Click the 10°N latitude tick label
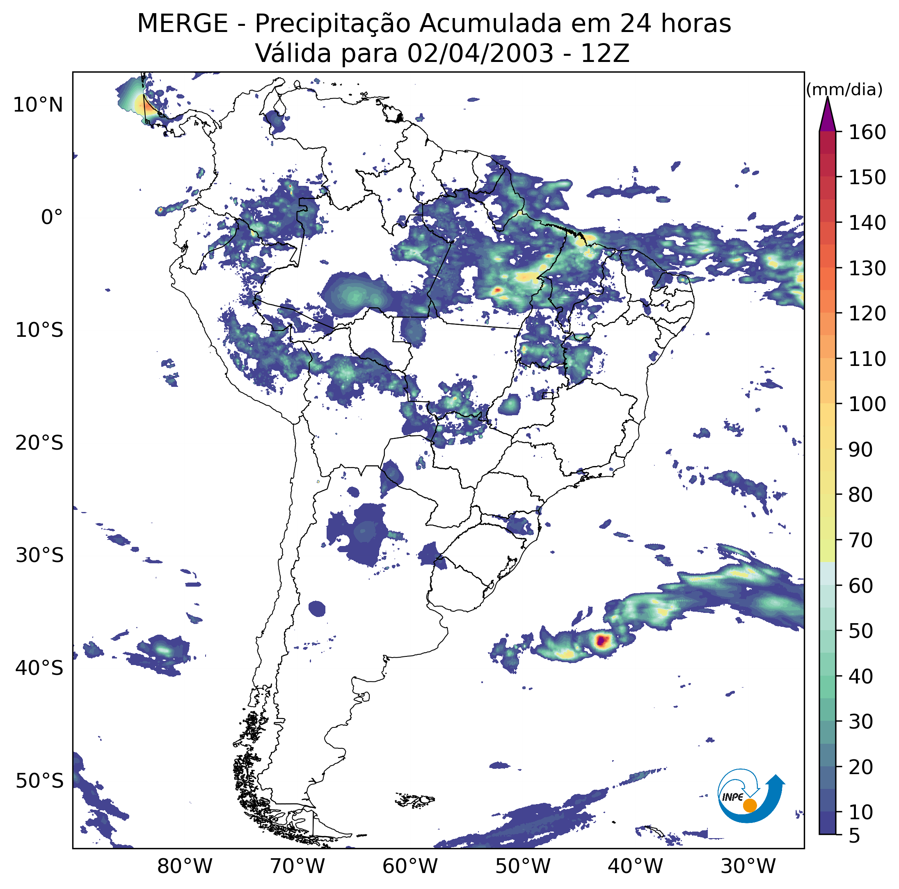(x=38, y=105)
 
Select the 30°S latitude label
(x=39, y=555)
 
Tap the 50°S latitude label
(x=39, y=781)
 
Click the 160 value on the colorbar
(x=867, y=133)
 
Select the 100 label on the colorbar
(x=867, y=404)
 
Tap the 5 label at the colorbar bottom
(x=855, y=836)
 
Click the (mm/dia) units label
(x=844, y=90)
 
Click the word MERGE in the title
(x=183, y=24)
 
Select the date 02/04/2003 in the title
(x=480, y=53)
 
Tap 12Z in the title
(x=605, y=53)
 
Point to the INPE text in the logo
(x=732, y=797)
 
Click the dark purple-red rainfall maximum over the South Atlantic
(x=601, y=640)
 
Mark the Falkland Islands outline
(x=415, y=800)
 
